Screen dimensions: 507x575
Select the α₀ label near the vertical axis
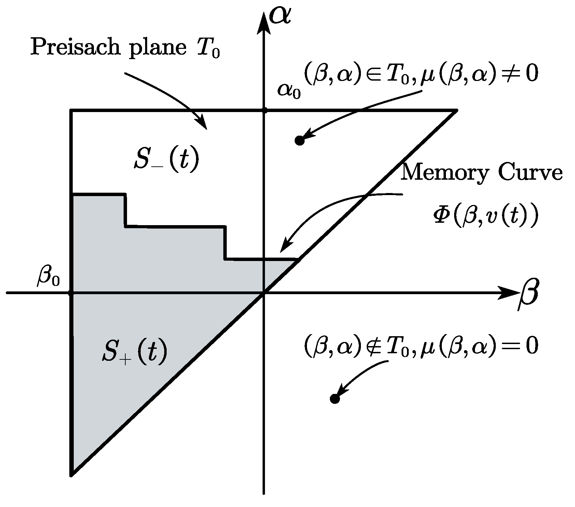click(289, 90)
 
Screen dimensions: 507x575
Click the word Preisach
click(70, 47)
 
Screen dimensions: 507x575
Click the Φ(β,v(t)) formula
click(485, 216)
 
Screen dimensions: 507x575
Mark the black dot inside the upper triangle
click(299, 140)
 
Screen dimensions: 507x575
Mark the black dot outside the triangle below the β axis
click(335, 398)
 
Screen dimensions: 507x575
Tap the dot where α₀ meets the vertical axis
click(264, 110)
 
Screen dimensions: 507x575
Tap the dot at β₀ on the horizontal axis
click(71, 293)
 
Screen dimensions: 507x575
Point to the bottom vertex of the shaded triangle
click(72, 474)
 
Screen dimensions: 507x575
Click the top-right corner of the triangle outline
click(455, 111)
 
